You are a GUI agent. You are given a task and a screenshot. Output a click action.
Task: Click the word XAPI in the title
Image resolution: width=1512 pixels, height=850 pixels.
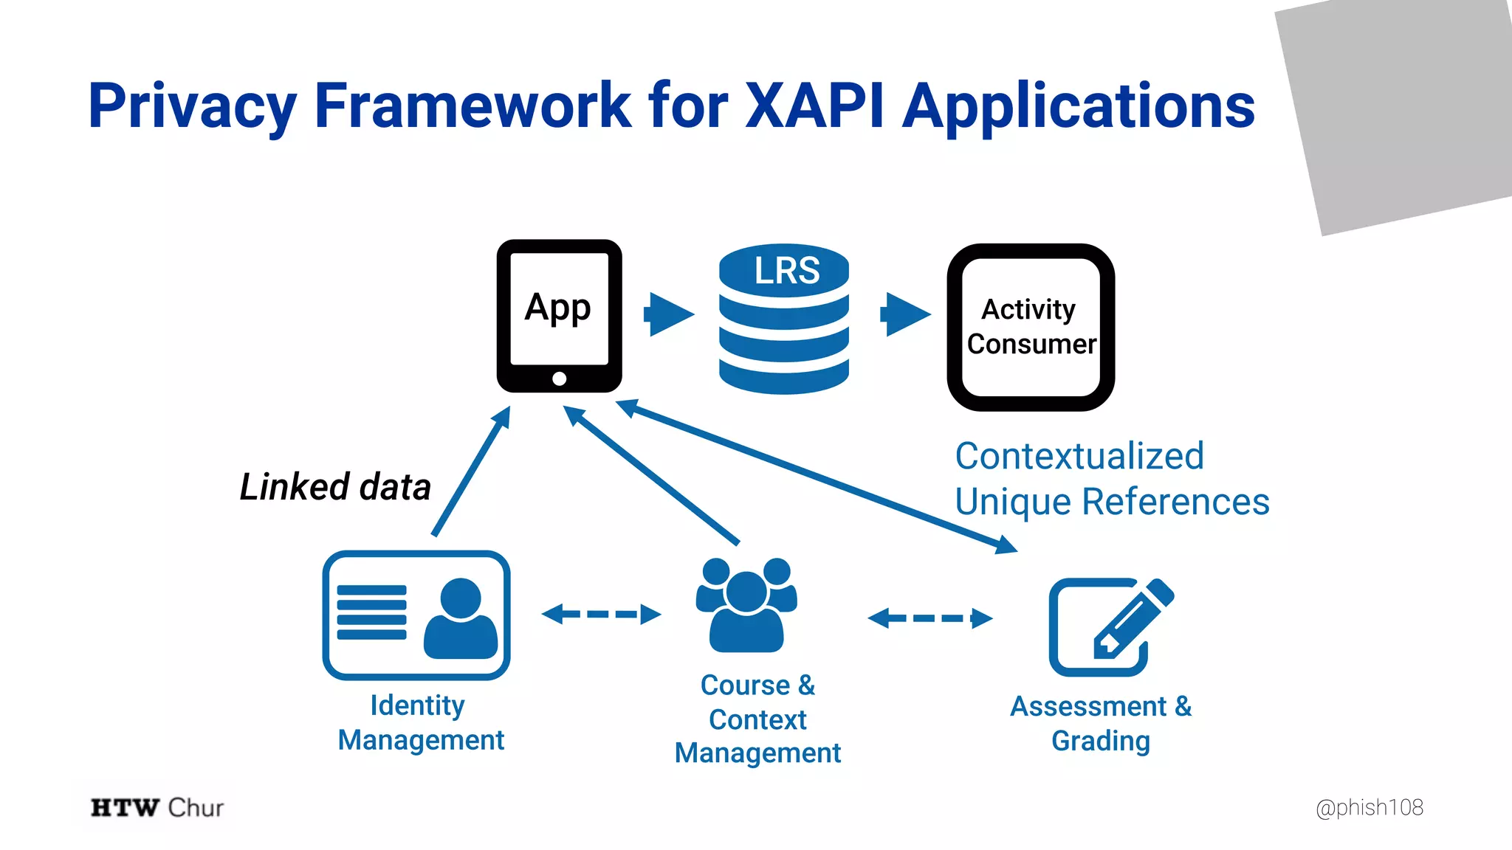[814, 106]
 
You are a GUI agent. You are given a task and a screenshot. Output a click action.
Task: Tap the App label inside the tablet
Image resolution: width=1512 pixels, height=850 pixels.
[557, 307]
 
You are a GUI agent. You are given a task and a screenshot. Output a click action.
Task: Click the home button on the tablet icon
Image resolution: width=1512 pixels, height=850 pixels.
[559, 379]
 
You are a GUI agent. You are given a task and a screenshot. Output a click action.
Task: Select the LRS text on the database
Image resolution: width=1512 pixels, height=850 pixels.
[786, 270]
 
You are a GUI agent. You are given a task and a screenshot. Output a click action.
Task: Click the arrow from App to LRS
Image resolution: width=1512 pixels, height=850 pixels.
[669, 314]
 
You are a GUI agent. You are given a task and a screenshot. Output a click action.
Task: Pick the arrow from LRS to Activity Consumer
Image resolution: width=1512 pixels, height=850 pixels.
[905, 314]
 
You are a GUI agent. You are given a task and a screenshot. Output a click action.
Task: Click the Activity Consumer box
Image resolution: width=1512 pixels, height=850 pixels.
[1031, 327]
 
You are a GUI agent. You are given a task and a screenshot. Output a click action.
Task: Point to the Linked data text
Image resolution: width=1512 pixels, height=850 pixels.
[335, 487]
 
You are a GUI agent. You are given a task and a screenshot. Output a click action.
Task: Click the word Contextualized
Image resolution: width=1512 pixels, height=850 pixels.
[1079, 456]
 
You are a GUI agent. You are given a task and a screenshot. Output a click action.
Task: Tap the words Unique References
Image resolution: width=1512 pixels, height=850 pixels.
[1112, 502]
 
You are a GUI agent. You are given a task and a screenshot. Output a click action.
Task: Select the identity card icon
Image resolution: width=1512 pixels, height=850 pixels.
[416, 615]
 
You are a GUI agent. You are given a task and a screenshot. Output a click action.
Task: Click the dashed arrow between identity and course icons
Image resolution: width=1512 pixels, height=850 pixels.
[601, 614]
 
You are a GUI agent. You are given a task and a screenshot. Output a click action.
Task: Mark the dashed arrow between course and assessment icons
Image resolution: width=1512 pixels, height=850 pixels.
[929, 618]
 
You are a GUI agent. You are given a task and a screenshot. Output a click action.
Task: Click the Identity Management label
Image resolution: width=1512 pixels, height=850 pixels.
[420, 722]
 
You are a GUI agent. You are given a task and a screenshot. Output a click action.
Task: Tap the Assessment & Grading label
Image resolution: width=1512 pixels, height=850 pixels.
[1100, 723]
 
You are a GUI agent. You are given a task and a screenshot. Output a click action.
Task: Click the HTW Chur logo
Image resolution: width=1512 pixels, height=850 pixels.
[157, 807]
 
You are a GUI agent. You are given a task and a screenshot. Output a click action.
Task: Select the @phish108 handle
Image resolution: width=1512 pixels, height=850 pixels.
[1369, 807]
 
